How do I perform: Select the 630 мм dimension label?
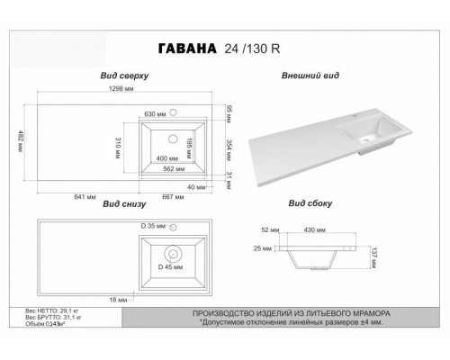[157, 115]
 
